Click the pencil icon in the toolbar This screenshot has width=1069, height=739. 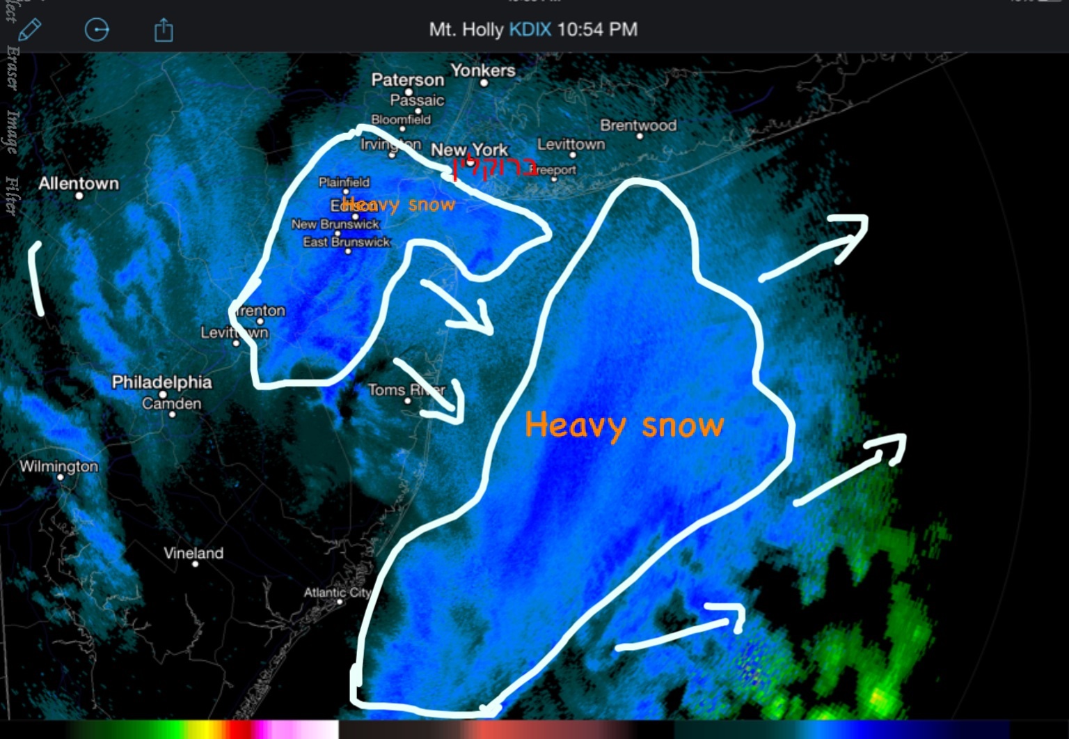click(29, 30)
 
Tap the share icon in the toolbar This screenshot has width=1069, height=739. click(164, 31)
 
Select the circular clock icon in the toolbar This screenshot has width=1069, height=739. click(97, 30)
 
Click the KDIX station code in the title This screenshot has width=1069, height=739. click(530, 30)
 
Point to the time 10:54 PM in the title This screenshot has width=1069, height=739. click(597, 30)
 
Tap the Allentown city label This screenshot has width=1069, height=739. click(79, 183)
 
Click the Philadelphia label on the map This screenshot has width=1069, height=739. click(161, 382)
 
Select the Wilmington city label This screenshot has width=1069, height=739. click(58, 466)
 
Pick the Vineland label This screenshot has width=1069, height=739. click(193, 553)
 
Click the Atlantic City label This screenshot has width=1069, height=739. click(338, 593)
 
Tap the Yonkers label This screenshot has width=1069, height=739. click(483, 70)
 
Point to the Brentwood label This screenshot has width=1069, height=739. click(638, 125)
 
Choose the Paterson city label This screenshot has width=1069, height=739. click(407, 79)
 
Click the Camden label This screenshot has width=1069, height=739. click(171, 403)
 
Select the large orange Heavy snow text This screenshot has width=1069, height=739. click(624, 425)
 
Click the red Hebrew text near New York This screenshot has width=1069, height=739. click(495, 168)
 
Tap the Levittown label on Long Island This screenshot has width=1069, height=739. click(571, 144)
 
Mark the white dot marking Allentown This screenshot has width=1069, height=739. click(79, 196)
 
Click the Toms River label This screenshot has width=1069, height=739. click(406, 390)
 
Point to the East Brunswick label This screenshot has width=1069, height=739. click(347, 242)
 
